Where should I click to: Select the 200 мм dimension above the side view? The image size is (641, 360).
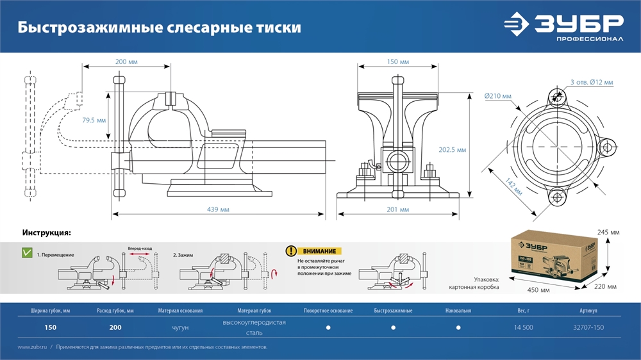[126, 62]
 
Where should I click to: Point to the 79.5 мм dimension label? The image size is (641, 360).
[94, 120]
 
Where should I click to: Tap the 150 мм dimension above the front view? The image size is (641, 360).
[398, 62]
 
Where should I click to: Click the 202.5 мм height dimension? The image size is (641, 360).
[453, 149]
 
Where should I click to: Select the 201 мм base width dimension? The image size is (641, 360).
[398, 209]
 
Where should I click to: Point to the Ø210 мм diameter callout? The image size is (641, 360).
[498, 96]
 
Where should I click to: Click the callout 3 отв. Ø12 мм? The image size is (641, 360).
[592, 82]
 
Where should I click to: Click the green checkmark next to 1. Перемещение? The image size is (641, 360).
[27, 253]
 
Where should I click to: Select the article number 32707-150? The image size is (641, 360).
[588, 327]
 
